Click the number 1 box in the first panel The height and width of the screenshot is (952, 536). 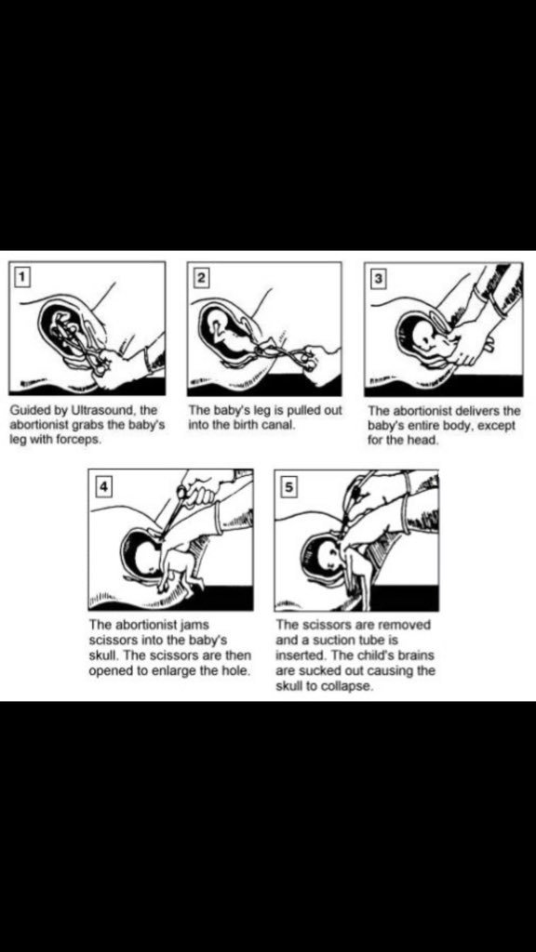22,277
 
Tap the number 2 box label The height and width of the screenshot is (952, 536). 201,278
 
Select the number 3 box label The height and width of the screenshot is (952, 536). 379,279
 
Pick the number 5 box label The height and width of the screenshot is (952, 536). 289,487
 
